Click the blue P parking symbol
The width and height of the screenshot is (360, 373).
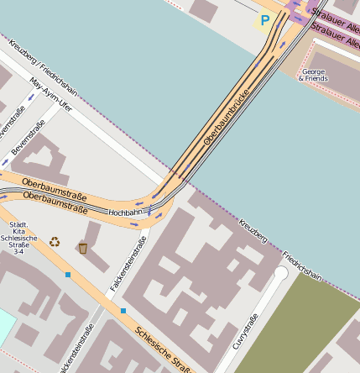265,20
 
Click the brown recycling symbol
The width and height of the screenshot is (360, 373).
55,242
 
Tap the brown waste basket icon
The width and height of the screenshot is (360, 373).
82,247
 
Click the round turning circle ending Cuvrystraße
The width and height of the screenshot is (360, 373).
280,273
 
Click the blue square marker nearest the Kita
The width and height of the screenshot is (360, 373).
68,275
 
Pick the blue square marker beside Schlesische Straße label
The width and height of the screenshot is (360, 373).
123,311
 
